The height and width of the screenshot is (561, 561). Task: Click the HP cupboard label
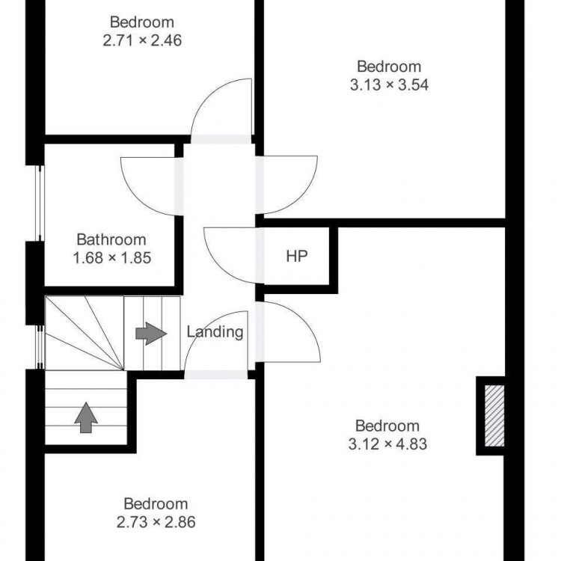297,256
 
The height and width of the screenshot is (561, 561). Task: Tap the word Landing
215,332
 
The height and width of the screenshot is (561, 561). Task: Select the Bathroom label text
111,239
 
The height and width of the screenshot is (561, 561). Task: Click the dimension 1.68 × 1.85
112,258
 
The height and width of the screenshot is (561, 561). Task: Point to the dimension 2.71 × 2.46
142,40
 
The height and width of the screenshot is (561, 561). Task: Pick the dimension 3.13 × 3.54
389,85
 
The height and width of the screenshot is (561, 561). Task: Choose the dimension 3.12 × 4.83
387,444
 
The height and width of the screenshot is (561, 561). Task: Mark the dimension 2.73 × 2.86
156,522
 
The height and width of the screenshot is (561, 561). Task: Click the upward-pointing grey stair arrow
86,417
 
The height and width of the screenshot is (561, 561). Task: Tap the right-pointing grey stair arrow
151,334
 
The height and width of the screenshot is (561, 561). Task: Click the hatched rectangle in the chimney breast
494,416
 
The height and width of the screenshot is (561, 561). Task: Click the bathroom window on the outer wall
40,203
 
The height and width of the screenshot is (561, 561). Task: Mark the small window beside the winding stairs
40,347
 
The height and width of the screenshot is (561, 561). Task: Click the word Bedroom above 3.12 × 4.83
387,426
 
